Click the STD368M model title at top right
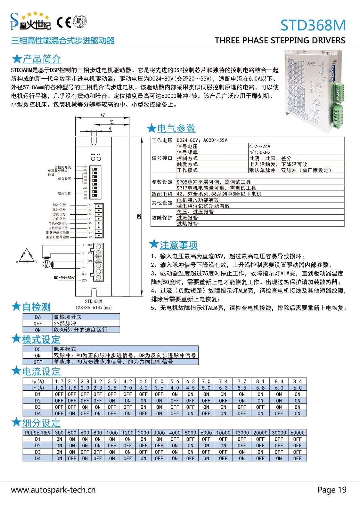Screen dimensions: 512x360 (313, 25)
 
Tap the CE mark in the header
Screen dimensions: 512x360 (64, 22)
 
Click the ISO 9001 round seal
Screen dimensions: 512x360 (80, 22)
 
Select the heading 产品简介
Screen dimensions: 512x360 (42, 59)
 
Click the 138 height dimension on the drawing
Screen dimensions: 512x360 (139, 217)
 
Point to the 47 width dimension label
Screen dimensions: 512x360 (102, 115)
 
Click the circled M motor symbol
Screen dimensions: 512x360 (47, 264)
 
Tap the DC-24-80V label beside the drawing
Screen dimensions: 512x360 (64, 278)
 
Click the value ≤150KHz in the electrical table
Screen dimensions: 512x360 (260, 152)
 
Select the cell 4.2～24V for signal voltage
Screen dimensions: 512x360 (260, 146)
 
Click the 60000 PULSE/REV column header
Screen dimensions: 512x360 (297, 433)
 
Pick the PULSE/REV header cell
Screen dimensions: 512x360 (38, 433)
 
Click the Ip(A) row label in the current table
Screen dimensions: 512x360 (38, 381)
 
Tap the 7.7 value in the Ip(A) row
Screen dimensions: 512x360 (242, 381)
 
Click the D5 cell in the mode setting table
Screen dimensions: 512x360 (38, 349)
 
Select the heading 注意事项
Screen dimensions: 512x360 (178, 245)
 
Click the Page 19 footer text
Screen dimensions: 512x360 (332, 490)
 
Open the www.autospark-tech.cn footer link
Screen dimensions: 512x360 (53, 490)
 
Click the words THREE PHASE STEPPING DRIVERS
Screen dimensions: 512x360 (280, 41)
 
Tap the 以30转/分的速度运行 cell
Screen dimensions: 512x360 (80, 330)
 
